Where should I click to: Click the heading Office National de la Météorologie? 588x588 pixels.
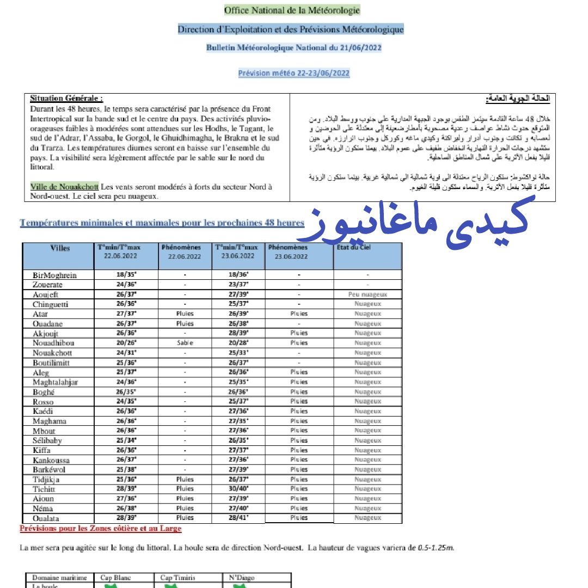click(292, 10)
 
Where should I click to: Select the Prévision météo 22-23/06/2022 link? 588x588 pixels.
click(293, 73)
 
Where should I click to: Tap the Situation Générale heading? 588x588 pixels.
click(66, 99)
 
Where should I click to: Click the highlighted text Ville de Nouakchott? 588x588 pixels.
click(64, 187)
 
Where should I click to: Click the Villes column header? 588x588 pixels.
click(60, 248)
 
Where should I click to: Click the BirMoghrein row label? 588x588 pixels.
click(54, 275)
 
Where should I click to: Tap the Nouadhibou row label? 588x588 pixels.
click(53, 343)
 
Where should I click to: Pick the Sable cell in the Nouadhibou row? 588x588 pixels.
click(185, 343)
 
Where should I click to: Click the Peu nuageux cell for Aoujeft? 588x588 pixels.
click(367, 295)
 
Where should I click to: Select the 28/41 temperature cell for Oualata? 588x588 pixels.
click(238, 518)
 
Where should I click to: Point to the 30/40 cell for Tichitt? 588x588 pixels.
click(238, 488)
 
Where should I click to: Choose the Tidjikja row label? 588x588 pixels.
click(46, 479)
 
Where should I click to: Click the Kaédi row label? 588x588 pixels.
click(43, 411)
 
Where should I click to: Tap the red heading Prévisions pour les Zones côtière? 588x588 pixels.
click(101, 529)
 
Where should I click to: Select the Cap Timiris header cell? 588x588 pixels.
click(177, 578)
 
